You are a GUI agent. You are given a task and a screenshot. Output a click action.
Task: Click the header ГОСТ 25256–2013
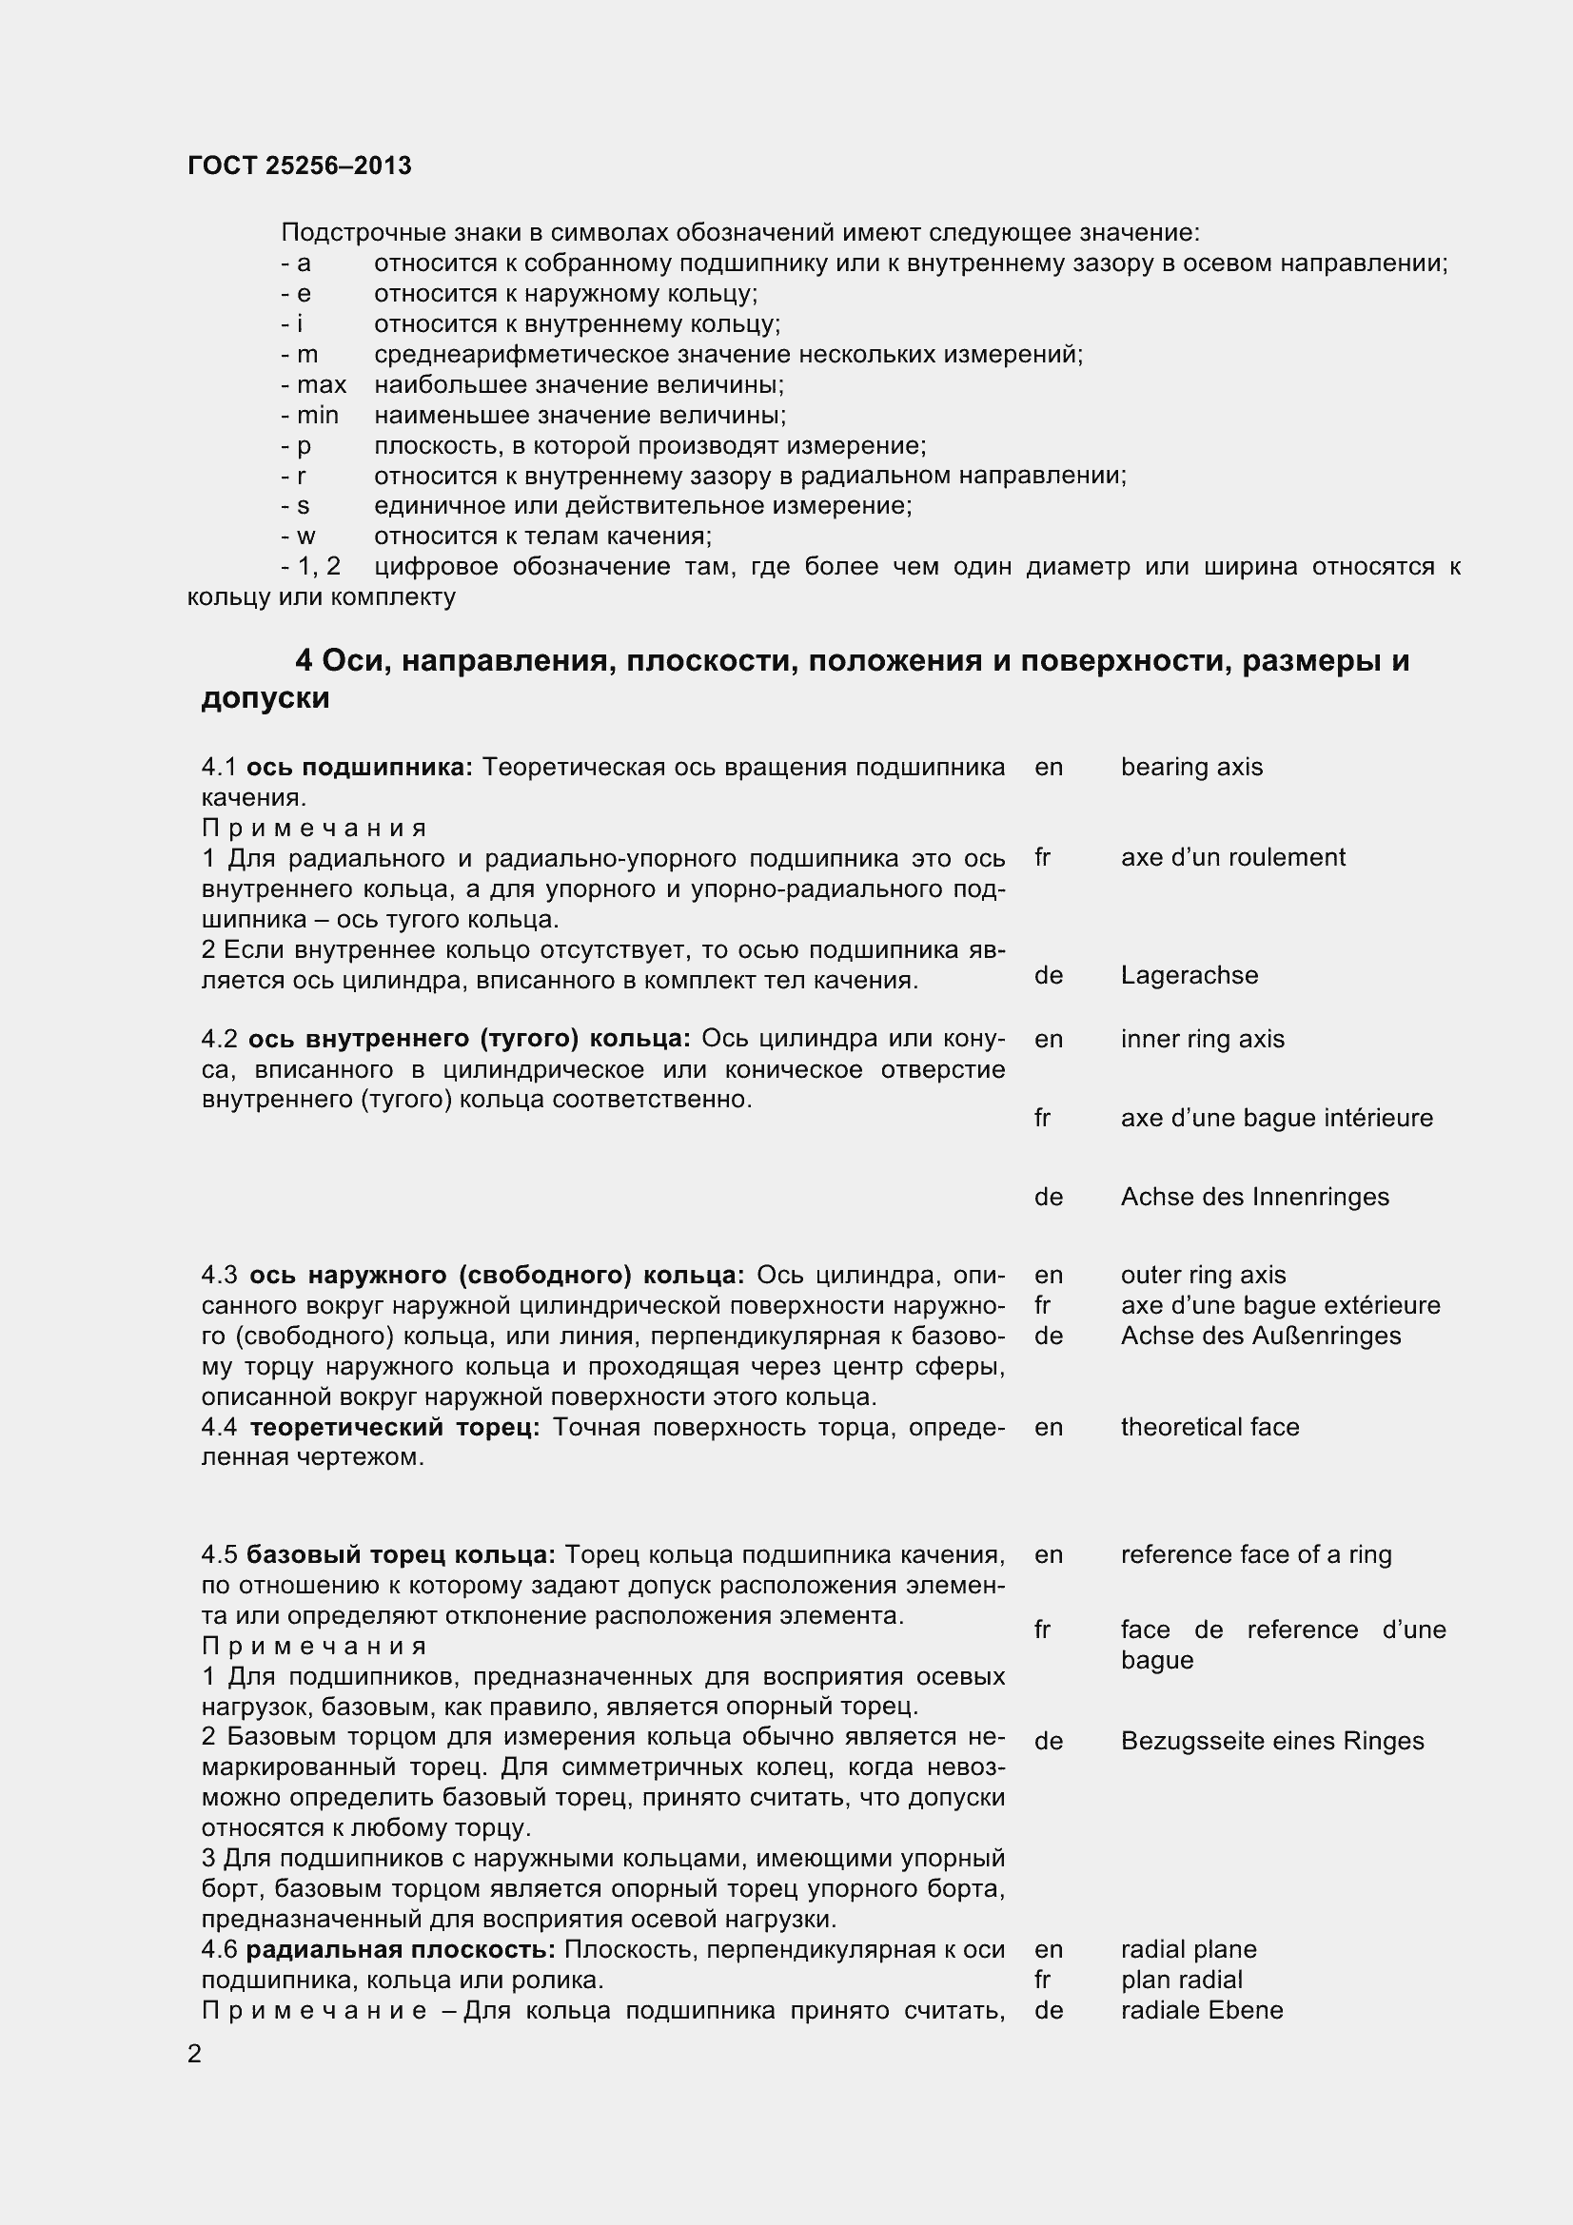point(300,166)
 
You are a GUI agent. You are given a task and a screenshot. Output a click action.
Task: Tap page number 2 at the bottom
point(195,2054)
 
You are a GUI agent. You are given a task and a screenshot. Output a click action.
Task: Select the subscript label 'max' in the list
point(321,384)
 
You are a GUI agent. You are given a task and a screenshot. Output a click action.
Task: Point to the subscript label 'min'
point(317,415)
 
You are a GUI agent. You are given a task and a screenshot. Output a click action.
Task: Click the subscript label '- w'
point(299,536)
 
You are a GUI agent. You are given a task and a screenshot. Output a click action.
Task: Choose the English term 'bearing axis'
point(1191,767)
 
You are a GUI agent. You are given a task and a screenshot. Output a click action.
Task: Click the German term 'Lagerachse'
point(1190,975)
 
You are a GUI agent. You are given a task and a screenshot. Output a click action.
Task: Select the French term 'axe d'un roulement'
point(1233,857)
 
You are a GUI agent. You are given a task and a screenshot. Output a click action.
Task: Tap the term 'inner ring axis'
point(1202,1039)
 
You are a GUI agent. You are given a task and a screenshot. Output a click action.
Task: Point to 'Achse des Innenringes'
point(1254,1197)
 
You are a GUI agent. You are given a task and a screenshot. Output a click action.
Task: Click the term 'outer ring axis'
point(1203,1275)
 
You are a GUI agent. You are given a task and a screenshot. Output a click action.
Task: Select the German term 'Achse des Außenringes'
point(1260,1336)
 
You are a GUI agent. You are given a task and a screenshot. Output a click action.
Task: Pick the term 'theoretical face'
point(1209,1427)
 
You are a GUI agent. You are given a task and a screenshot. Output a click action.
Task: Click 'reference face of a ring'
point(1255,1554)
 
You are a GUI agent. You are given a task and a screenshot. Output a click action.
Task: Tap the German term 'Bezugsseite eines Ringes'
point(1271,1741)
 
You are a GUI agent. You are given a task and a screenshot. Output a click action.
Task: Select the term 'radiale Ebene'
point(1202,2010)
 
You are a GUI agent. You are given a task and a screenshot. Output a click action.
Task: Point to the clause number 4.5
point(219,1554)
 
